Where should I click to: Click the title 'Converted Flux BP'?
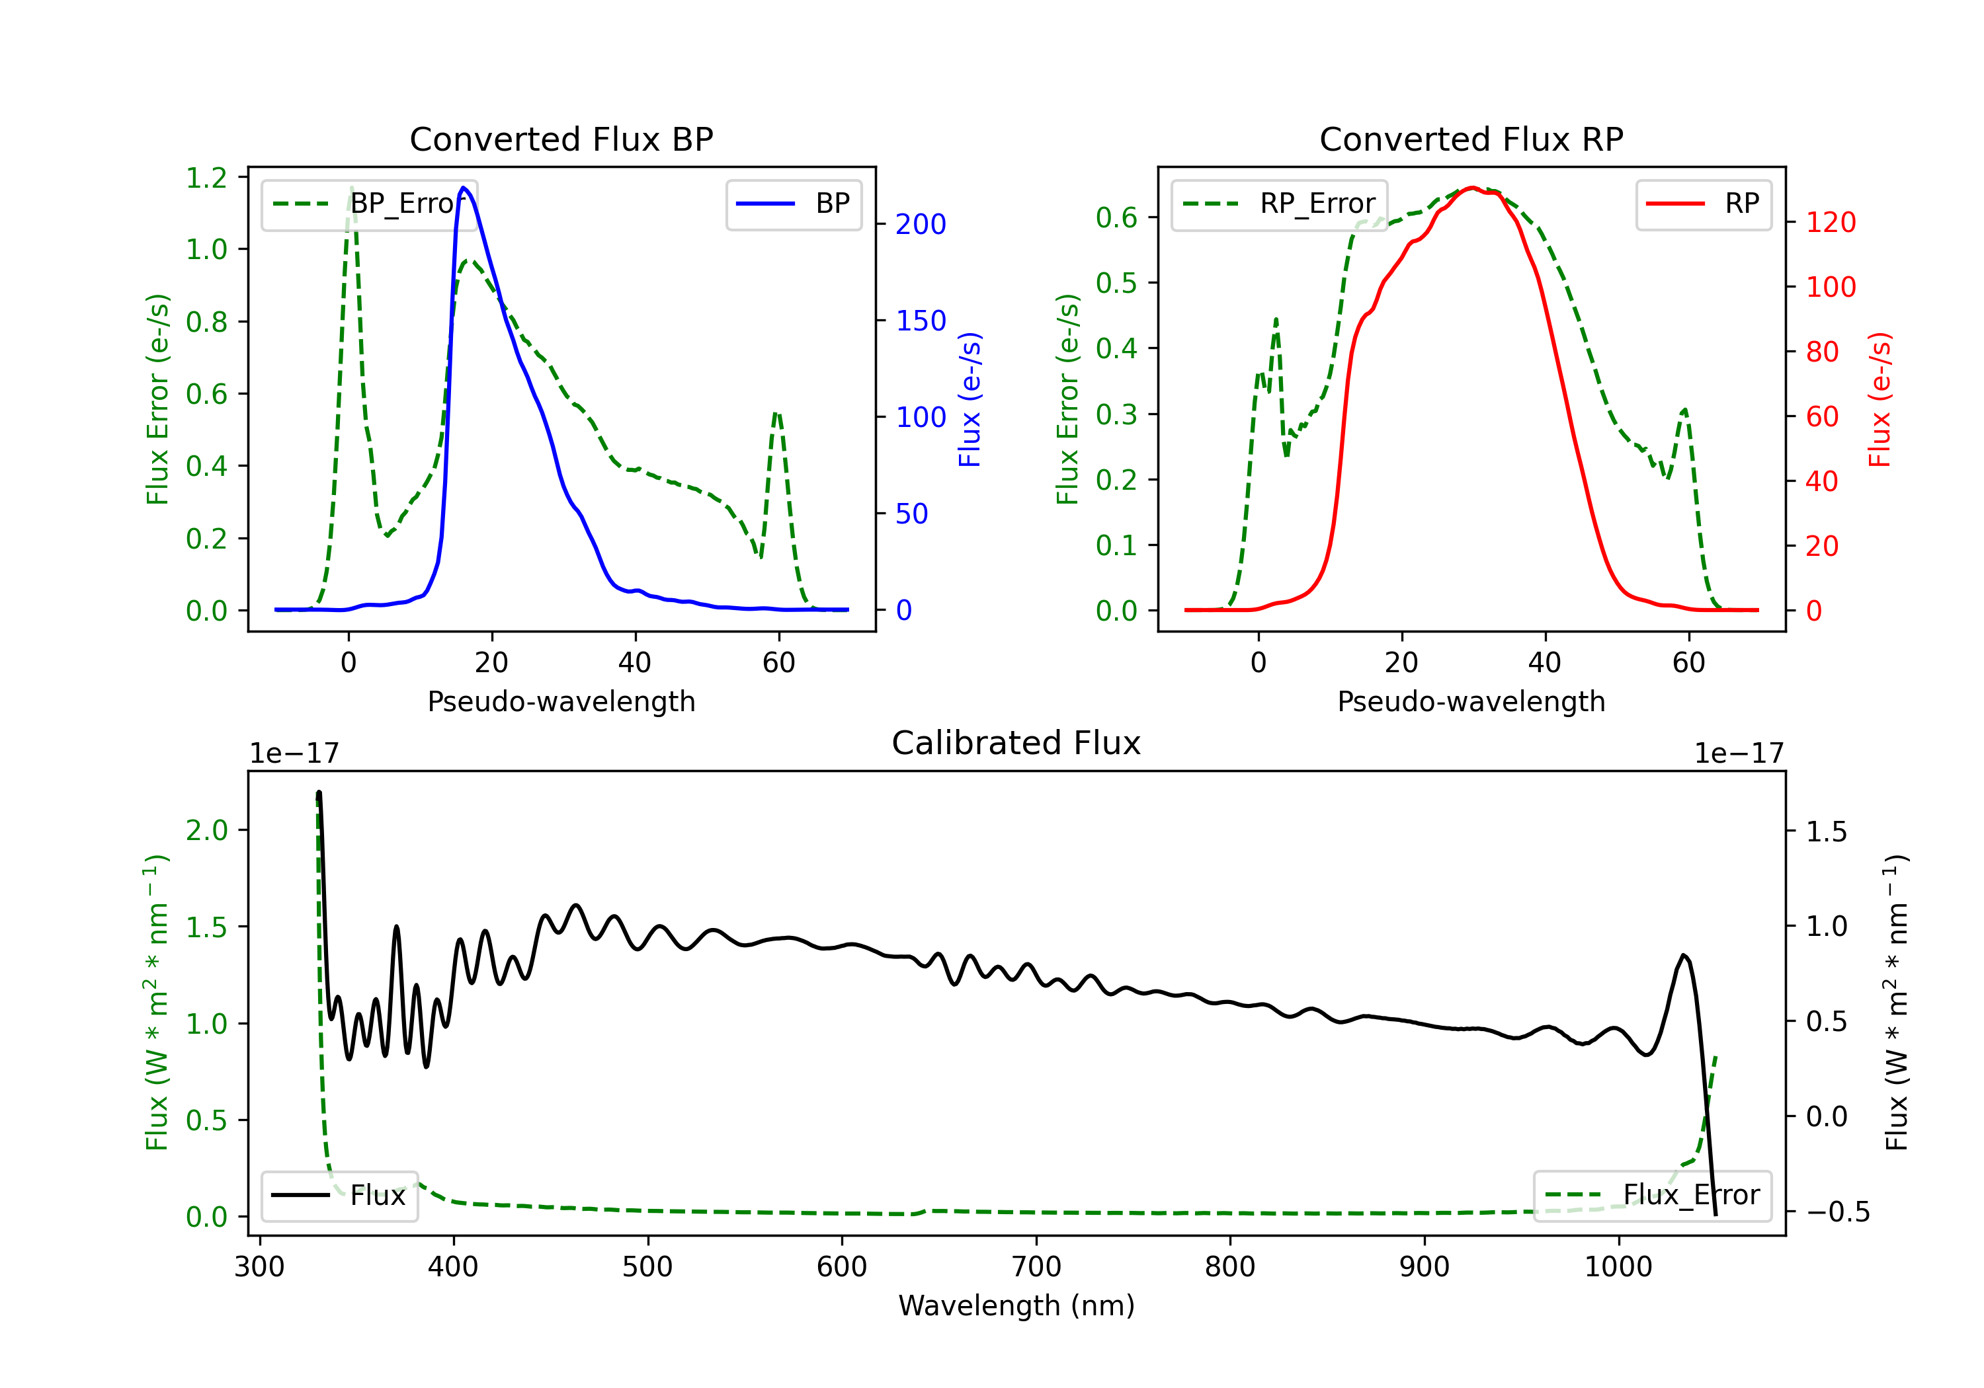(561, 139)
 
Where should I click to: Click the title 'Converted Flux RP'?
(1471, 139)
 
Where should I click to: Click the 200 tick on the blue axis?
(921, 225)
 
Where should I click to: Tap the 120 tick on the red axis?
(1830, 223)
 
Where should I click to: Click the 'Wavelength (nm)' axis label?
(1016, 1306)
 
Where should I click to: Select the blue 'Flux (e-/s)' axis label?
(970, 400)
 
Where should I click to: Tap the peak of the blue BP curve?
(464, 188)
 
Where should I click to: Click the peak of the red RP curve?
(1472, 188)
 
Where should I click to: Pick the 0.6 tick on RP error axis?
(1116, 217)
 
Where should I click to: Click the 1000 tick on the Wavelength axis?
(1618, 1267)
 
